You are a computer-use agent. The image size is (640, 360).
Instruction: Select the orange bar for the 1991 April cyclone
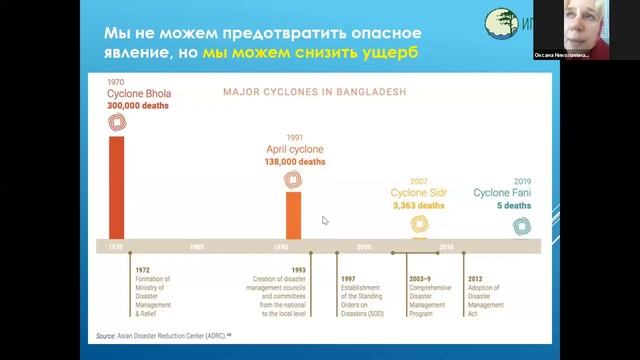click(293, 215)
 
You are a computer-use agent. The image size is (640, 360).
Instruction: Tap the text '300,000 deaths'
click(135, 105)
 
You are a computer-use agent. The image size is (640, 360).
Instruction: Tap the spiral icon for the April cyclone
click(293, 179)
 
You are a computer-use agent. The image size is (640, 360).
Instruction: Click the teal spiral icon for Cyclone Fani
click(520, 225)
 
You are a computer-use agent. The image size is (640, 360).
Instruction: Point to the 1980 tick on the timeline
click(198, 246)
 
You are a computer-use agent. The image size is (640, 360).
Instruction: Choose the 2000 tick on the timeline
click(364, 246)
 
